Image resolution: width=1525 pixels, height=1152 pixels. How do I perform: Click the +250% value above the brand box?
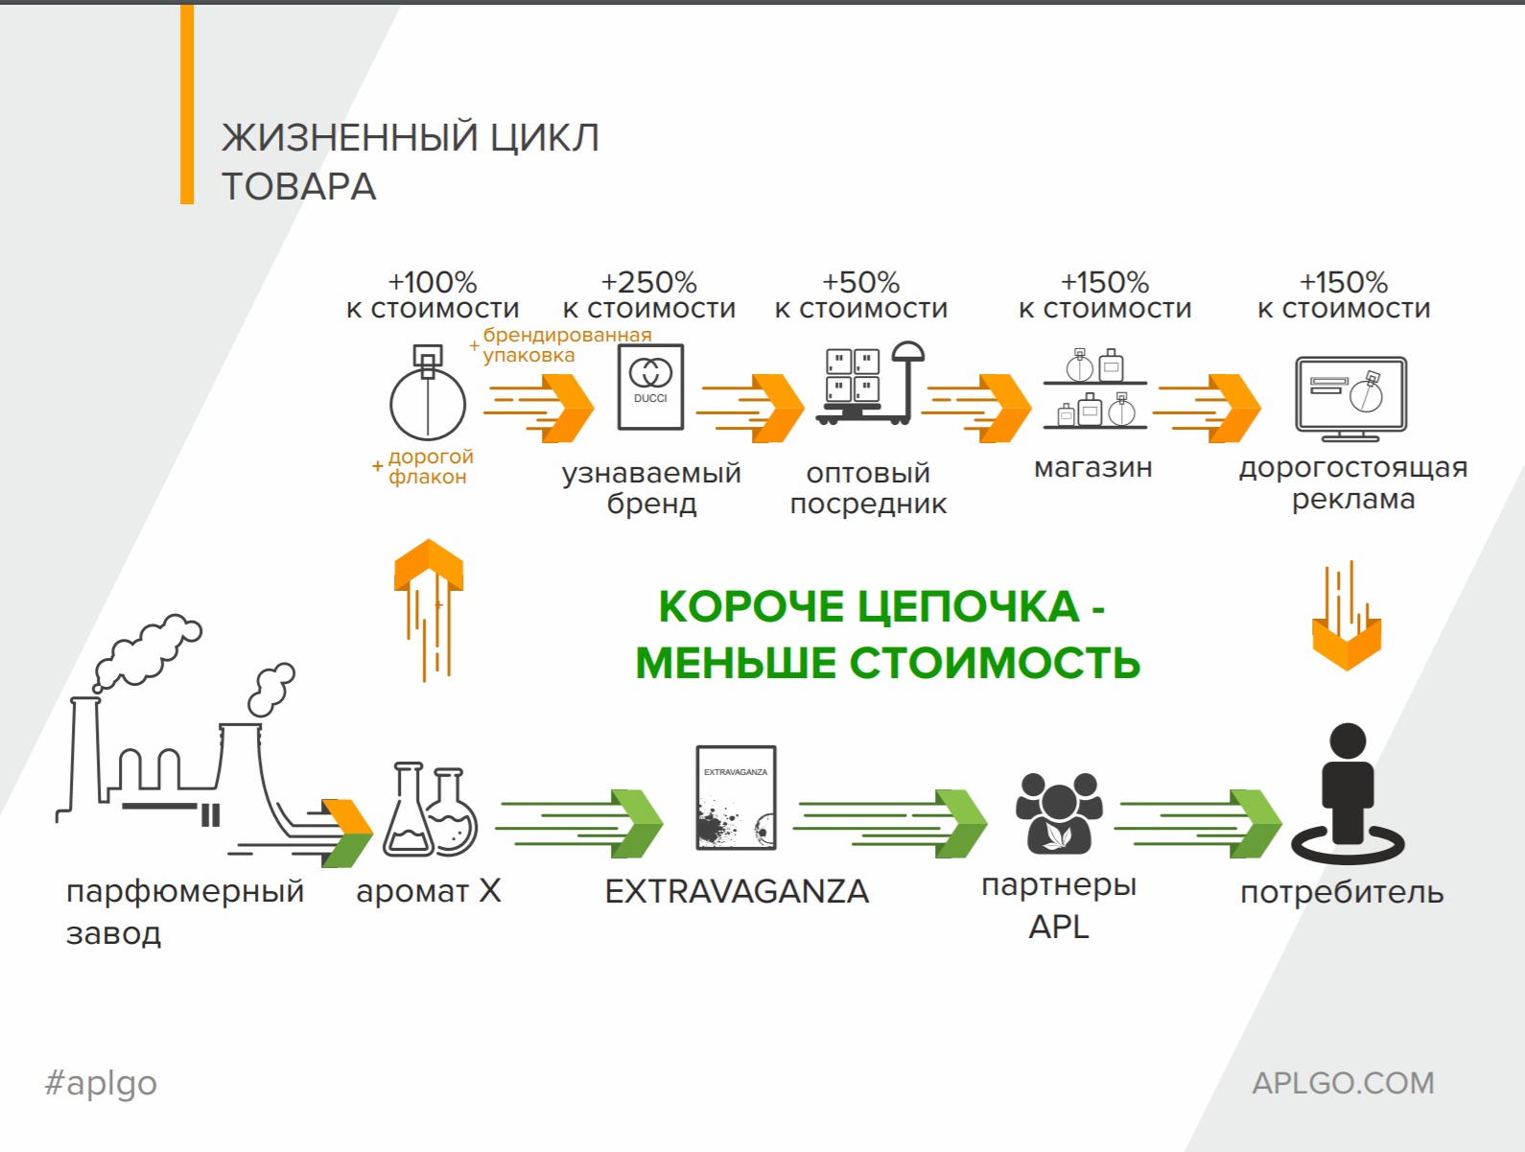648,283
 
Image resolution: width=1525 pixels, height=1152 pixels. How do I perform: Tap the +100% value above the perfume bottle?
433,283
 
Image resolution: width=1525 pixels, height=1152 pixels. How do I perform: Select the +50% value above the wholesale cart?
860,283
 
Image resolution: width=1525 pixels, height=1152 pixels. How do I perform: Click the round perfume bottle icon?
427,392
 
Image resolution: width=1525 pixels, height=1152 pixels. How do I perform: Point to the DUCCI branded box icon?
651,387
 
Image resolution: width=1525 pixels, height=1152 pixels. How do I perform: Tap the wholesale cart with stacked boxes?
870,384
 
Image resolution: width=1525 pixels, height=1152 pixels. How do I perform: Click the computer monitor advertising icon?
1350,399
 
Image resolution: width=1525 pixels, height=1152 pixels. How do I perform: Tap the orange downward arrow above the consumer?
1347,616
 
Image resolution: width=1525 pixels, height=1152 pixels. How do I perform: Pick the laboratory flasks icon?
430,810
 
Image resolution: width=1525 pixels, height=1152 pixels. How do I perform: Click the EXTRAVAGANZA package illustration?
737,798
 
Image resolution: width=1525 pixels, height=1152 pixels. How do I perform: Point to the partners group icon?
1059,812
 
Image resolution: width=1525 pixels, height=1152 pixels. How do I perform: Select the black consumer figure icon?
1348,793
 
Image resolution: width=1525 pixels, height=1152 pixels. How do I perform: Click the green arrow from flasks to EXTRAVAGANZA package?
579,823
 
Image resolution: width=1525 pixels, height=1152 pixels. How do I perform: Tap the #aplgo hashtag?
101,1083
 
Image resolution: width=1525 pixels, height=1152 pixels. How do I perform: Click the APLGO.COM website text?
1343,1083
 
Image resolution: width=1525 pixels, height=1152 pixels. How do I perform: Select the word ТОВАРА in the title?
298,186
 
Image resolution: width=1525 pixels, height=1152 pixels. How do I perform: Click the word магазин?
1092,467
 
